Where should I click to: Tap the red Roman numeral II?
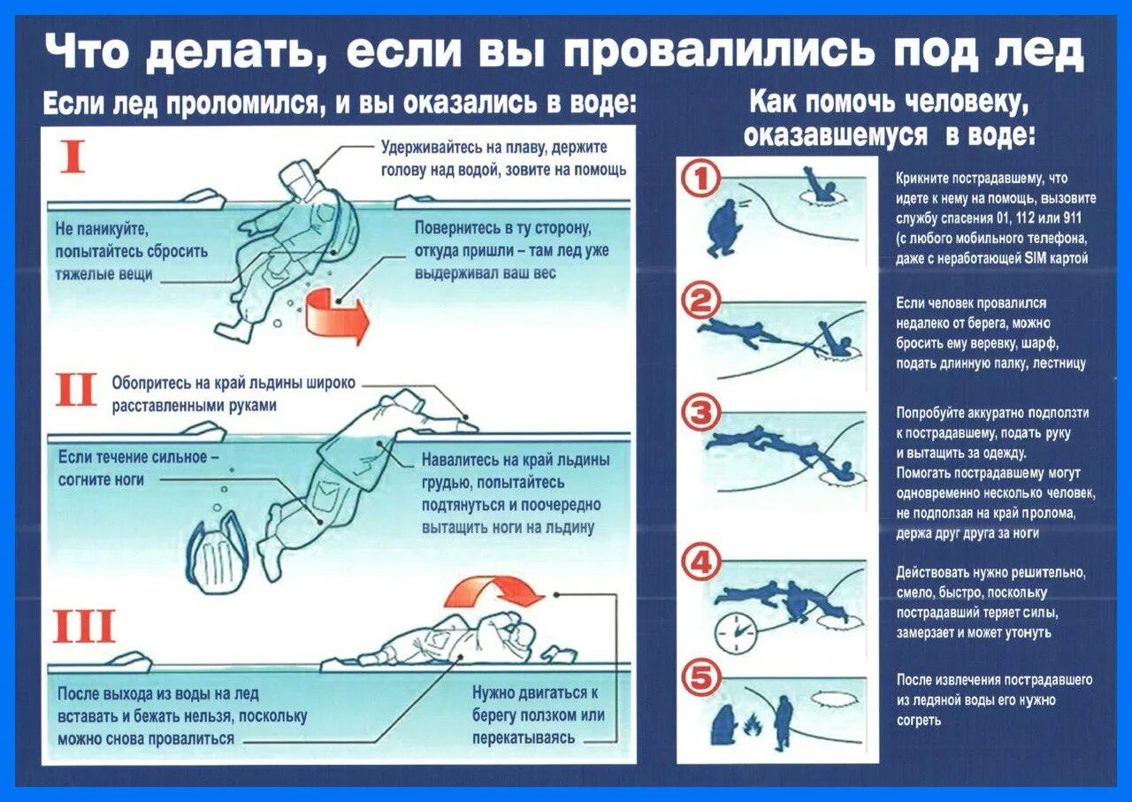[76, 390]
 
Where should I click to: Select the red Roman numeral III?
[84, 626]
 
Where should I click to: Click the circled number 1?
[700, 180]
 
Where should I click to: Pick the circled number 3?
[701, 414]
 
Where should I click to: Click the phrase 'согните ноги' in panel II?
[101, 479]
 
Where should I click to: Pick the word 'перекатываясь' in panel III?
[523, 737]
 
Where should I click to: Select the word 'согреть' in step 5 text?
[918, 720]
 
